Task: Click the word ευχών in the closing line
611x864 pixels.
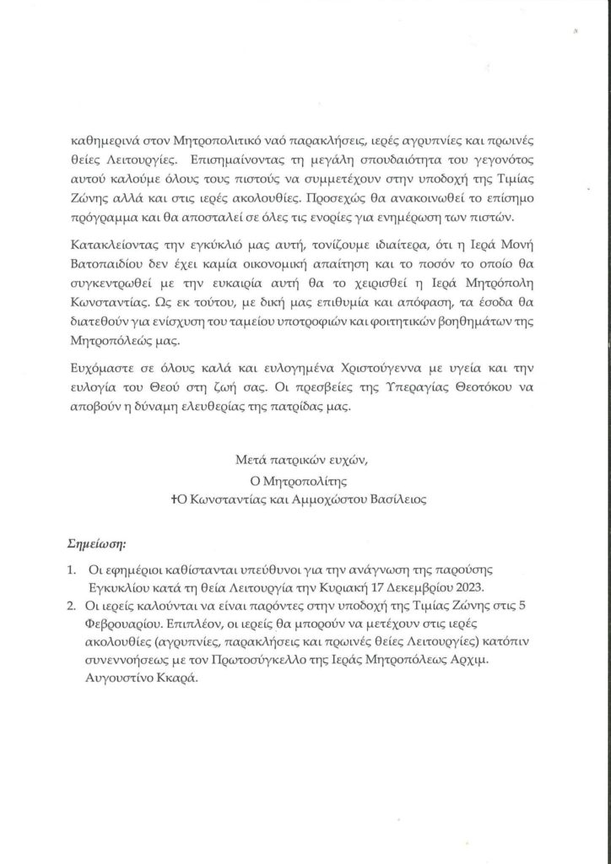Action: point(351,462)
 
